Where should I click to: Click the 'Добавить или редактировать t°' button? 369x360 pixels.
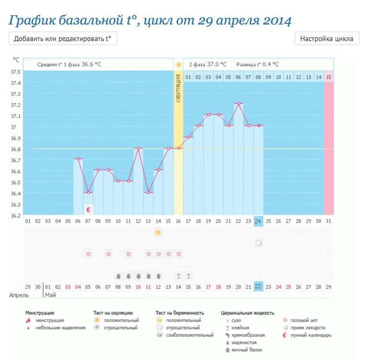coord(63,39)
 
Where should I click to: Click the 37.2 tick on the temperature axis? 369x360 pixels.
coord(16,105)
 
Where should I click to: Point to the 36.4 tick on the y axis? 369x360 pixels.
coord(16,194)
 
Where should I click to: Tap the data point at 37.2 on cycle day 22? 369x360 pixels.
coord(238,103)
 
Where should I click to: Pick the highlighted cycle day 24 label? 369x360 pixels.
coord(258,221)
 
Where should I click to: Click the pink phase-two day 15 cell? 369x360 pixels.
coord(328,77)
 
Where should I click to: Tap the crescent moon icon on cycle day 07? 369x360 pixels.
coord(89,209)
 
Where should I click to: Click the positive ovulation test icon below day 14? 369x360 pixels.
coord(158,232)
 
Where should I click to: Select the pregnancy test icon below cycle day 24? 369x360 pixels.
coord(258,243)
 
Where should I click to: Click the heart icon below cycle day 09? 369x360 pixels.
coord(108,254)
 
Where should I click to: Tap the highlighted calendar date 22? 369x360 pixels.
coord(258,287)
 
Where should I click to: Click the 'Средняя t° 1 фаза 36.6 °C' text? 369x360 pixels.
coord(69,64)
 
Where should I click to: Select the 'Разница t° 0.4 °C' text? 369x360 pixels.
coord(260,64)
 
